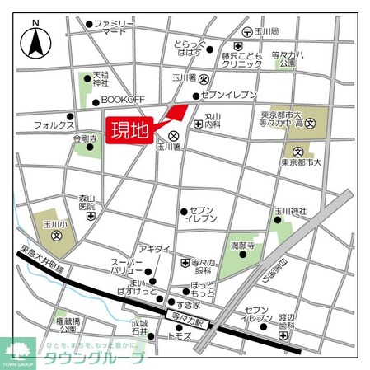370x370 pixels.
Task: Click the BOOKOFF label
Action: [x=122, y=100]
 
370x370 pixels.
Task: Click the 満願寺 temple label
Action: [x=241, y=246]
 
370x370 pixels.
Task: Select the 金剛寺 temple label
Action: [x=84, y=139]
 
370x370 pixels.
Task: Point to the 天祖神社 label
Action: [x=101, y=78]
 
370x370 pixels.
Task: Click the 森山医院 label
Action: [x=89, y=202]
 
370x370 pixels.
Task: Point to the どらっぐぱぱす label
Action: [x=190, y=47]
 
